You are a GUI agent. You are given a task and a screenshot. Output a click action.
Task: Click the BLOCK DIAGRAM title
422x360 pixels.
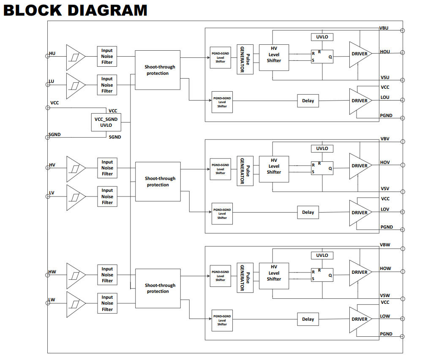pyautogui.click(x=75, y=9)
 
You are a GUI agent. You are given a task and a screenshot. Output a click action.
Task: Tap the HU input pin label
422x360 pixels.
pyautogui.click(x=52, y=54)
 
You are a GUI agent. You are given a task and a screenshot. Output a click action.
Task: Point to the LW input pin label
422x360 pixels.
pyautogui.click(x=52, y=300)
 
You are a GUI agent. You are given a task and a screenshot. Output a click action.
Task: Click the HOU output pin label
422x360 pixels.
pyautogui.click(x=385, y=52)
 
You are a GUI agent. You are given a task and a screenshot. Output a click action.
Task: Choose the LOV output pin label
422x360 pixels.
pyautogui.click(x=385, y=209)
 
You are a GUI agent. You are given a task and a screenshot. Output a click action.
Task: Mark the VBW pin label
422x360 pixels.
pyautogui.click(x=384, y=245)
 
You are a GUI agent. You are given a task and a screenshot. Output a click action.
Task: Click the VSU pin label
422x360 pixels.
pyautogui.click(x=385, y=78)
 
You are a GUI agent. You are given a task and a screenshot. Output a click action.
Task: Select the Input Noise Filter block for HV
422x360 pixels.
pyautogui.click(x=107, y=168)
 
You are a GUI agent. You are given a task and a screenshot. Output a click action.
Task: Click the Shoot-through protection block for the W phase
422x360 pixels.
pyautogui.click(x=158, y=288)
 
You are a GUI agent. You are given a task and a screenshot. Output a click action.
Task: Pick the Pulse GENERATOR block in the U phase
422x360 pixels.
pyautogui.click(x=245, y=59)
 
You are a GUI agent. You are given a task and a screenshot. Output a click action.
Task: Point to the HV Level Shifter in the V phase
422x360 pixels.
pyautogui.click(x=274, y=169)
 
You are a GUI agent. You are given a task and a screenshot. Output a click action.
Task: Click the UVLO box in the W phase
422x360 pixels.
pyautogui.click(x=322, y=255)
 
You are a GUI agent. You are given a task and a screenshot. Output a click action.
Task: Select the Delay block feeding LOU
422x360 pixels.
pyautogui.click(x=308, y=101)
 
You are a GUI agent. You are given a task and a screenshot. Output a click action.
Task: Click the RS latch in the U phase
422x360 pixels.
pyautogui.click(x=322, y=56)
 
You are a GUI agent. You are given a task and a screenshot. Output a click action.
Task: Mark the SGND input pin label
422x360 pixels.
pyautogui.click(x=55, y=135)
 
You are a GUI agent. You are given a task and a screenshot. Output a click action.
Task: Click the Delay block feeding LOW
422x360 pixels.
pyautogui.click(x=308, y=319)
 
